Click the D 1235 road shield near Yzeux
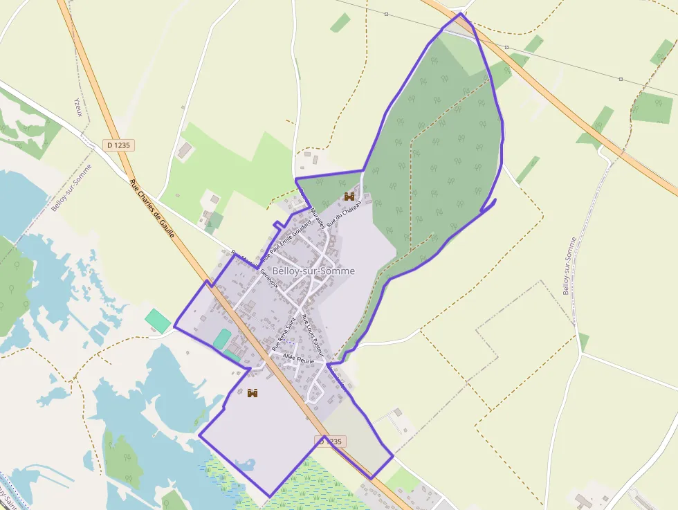pos(120,145)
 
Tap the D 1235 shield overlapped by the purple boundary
pos(329,441)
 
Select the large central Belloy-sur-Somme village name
pos(313,271)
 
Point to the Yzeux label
pos(77,107)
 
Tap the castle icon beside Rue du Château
pos(349,197)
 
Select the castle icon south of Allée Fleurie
pos(253,393)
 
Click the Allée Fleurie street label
pos(299,359)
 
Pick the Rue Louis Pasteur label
pos(312,335)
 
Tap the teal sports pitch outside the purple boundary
pos(158,320)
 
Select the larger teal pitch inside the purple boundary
pos(222,339)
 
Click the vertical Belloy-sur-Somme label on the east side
pos(569,266)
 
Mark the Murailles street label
pos(317,217)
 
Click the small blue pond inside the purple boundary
pos(245,464)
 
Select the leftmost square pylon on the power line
pos(386,14)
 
